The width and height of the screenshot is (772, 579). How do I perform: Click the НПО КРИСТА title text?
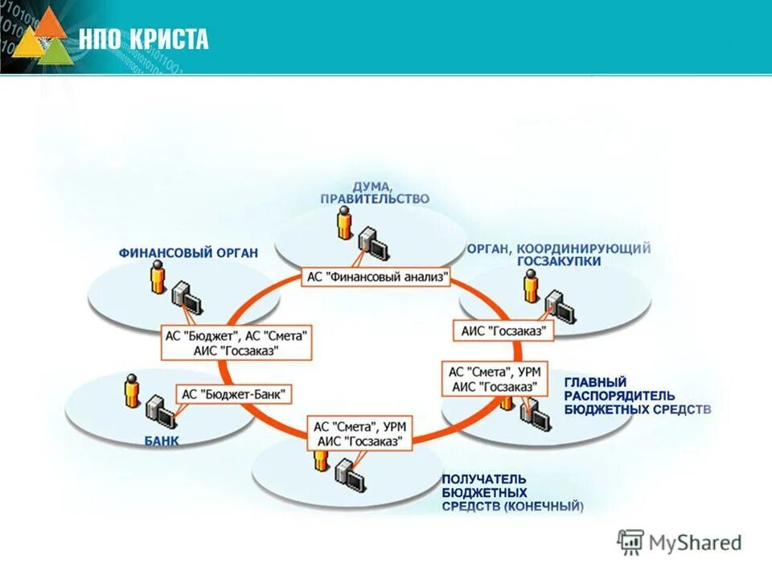click(143, 39)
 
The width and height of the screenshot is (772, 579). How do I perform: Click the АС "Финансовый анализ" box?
click(377, 277)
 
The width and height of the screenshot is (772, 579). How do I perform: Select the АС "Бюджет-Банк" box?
click(234, 394)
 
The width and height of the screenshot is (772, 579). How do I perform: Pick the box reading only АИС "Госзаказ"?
click(504, 331)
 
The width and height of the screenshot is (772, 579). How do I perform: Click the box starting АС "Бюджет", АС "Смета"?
click(236, 343)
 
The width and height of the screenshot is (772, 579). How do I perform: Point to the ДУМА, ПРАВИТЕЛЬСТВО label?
click(374, 192)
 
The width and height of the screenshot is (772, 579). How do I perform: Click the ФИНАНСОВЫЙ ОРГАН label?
click(189, 253)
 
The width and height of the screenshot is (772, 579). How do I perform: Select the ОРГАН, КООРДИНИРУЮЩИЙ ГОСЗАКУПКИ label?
click(559, 255)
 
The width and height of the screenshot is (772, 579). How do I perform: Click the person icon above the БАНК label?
click(133, 391)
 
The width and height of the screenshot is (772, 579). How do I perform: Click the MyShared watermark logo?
click(680, 542)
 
